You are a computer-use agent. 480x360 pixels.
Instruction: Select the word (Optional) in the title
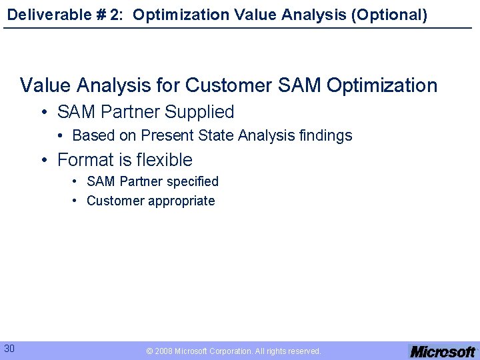(x=393, y=14)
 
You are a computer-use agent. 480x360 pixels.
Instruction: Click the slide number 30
(x=10, y=348)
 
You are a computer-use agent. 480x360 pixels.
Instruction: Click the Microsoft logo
(x=442, y=351)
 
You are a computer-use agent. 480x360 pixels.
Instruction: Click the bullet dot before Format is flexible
(x=44, y=160)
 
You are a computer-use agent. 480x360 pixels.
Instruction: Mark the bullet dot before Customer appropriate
(x=76, y=201)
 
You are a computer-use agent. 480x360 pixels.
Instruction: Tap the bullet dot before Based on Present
(x=61, y=136)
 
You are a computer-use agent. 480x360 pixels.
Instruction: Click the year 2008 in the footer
(x=163, y=351)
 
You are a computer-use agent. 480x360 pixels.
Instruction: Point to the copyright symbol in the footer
(x=149, y=351)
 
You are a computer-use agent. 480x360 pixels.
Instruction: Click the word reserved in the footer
(x=303, y=351)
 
